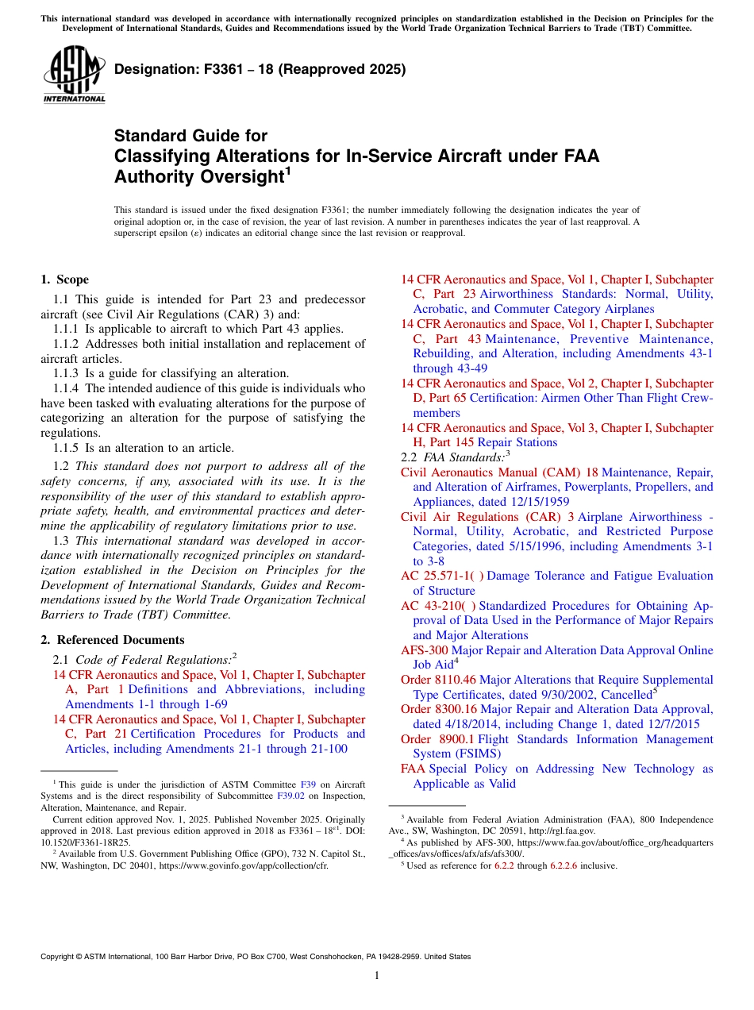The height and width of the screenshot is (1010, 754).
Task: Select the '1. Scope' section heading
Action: tap(65, 279)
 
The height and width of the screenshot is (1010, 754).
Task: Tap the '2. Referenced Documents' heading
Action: tap(113, 640)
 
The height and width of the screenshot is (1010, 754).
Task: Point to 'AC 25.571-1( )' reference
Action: tap(442, 576)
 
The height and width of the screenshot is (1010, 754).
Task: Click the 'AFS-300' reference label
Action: tap(424, 650)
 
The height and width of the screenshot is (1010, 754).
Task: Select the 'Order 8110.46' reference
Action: tap(438, 680)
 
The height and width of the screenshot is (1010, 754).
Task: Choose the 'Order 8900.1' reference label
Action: tap(437, 739)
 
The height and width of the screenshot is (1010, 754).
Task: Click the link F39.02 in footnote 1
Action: tap(289, 796)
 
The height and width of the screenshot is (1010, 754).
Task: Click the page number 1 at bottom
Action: tap(377, 976)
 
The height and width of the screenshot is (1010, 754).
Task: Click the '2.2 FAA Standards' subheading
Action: tap(453, 457)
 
